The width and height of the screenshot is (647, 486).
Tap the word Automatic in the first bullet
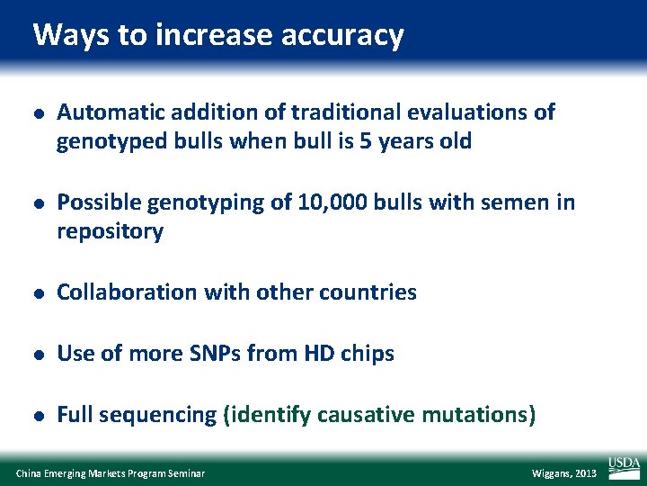click(105, 112)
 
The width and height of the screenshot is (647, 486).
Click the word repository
click(110, 232)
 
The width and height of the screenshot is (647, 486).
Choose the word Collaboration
click(120, 292)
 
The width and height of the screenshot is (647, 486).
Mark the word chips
click(368, 354)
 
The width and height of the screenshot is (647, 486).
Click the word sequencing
click(157, 415)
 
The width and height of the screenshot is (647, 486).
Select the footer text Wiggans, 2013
click(564, 473)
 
